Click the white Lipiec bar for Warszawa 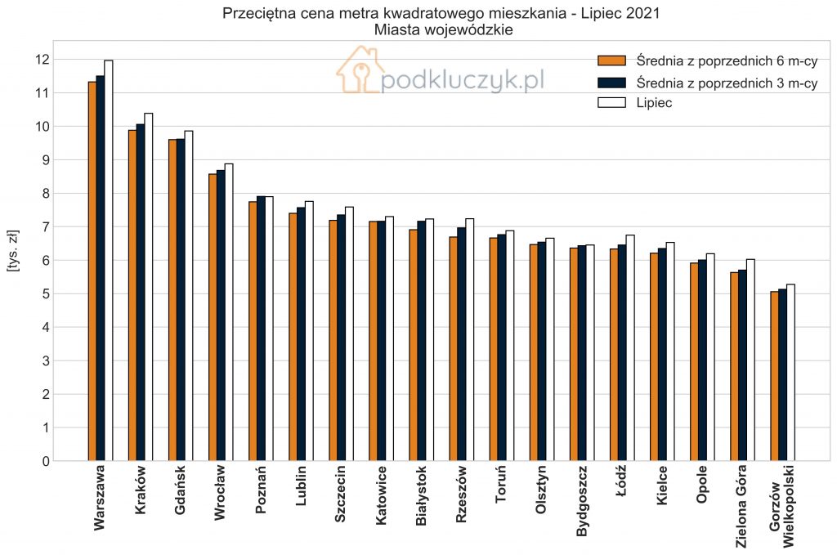tap(109, 261)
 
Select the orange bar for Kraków tap(132, 295)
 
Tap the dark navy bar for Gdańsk tap(181, 300)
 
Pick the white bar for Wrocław tap(229, 312)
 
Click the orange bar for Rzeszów tap(453, 349)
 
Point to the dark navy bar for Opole tap(702, 360)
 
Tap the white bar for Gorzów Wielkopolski tap(790, 373)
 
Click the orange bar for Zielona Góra tap(735, 367)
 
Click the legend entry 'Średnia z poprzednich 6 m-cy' tap(707, 60)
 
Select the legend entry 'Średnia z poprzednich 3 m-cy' tap(707, 83)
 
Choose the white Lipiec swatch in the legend tap(611, 102)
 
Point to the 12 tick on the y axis tap(43, 60)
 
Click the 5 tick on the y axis tap(46, 294)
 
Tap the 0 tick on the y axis tap(46, 462)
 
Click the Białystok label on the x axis tap(421, 496)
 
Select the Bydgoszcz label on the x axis tap(582, 501)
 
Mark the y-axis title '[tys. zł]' tap(13, 251)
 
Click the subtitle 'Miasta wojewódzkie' tap(443, 30)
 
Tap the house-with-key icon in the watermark tap(360, 69)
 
